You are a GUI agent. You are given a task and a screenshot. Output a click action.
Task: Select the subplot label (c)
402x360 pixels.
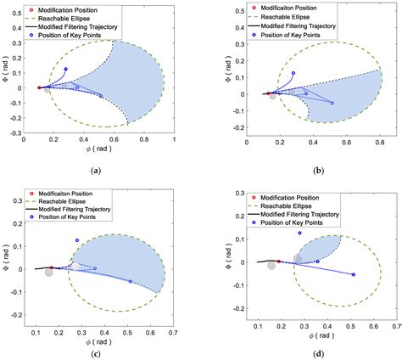(x=95, y=352)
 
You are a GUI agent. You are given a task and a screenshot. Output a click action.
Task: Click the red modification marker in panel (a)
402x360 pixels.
(x=39, y=87)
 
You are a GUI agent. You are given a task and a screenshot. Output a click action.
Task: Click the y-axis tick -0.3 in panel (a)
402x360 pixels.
(x=20, y=133)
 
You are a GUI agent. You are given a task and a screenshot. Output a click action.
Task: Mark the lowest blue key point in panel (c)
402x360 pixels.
(x=131, y=281)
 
